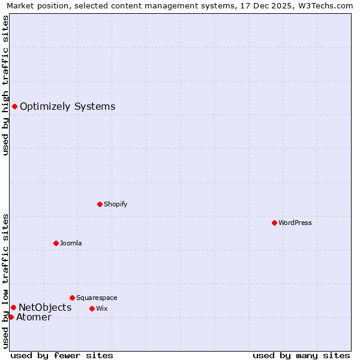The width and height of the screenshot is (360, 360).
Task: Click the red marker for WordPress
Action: (274, 223)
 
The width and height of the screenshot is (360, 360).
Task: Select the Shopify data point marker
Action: (100, 204)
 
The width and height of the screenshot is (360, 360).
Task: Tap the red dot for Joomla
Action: (56, 243)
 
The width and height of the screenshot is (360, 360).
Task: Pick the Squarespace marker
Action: (72, 298)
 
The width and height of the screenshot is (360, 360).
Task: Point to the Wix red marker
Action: (92, 308)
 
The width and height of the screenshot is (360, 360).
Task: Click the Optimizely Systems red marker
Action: (14, 107)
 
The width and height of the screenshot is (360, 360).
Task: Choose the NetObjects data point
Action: (13, 308)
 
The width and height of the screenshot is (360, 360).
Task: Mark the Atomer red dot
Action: (11, 317)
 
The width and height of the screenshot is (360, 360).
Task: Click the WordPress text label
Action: (295, 223)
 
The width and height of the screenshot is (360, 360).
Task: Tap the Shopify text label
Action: (116, 204)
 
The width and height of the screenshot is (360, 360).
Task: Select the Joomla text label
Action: (71, 243)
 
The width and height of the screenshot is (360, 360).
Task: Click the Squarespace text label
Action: (97, 298)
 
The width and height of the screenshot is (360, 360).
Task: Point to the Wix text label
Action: (102, 308)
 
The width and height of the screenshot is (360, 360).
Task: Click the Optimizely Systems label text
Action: (67, 107)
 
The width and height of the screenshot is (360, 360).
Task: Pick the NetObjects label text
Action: (45, 308)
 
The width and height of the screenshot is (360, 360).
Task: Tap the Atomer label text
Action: (34, 317)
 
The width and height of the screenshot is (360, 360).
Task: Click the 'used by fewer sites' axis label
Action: (62, 355)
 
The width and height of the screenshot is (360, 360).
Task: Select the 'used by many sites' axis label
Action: (301, 355)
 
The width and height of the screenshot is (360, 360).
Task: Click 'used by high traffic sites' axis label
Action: (5, 85)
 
